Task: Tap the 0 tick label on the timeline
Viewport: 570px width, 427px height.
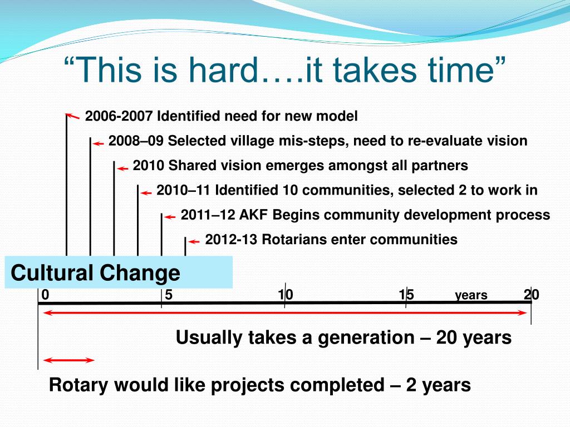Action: [45, 295]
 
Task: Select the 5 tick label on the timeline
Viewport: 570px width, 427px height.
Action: [169, 295]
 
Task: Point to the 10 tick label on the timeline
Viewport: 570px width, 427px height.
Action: [286, 295]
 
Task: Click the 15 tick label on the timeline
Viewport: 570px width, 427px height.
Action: [406, 295]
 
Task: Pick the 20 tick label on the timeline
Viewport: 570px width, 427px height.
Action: [532, 295]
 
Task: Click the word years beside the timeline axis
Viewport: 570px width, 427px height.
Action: [471, 296]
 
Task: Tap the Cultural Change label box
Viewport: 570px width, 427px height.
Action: [119, 272]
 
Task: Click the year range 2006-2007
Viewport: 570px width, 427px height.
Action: [119, 116]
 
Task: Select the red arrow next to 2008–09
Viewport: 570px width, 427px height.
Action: [98, 144]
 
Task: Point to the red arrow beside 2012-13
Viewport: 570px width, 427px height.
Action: [194, 242]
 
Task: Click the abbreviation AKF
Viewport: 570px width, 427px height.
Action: [253, 215]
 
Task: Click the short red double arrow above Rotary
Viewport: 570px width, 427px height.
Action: [68, 360]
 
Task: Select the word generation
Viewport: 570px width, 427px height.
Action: [366, 337]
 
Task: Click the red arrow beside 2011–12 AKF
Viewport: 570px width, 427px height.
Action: [170, 217]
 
